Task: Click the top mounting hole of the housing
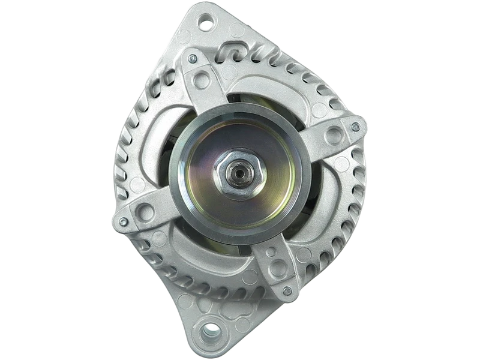pyautogui.click(x=209, y=25)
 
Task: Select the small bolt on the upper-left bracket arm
pyautogui.click(x=191, y=59)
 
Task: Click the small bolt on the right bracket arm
pyautogui.click(x=356, y=126)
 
